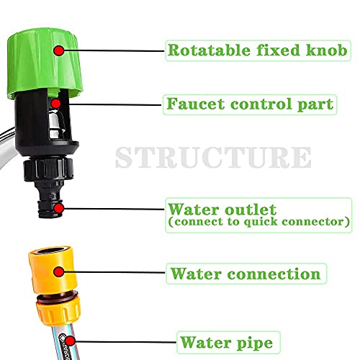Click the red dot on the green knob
(58, 50)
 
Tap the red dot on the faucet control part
(55, 104)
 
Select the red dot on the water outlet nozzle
(58, 208)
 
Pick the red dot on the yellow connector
(58, 271)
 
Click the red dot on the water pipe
(70, 341)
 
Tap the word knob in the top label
(326, 50)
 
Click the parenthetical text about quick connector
(258, 222)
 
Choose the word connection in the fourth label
(274, 274)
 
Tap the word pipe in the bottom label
(255, 343)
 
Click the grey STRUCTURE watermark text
(213, 157)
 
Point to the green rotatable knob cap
(45, 63)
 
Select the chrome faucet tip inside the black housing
(57, 124)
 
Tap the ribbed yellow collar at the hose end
(58, 312)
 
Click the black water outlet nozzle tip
(50, 209)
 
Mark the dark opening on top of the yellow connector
(53, 251)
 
